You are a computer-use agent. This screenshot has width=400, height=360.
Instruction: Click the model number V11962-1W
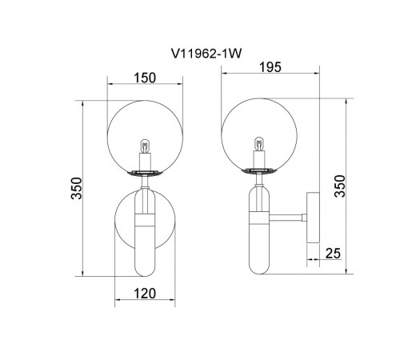point(206,54)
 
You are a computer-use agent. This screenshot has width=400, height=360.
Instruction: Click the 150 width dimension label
point(144,78)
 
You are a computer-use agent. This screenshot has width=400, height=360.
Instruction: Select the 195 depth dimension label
point(270,67)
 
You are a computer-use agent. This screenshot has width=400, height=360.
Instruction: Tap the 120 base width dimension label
point(144,294)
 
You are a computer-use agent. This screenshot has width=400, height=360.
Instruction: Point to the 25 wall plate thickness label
point(333,254)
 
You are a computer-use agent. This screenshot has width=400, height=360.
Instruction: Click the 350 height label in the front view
point(77,188)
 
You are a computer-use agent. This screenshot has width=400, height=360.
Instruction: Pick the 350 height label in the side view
point(340,186)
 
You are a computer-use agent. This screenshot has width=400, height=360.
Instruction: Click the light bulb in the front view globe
point(145,146)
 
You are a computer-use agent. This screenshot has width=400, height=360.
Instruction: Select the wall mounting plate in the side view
point(313,218)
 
